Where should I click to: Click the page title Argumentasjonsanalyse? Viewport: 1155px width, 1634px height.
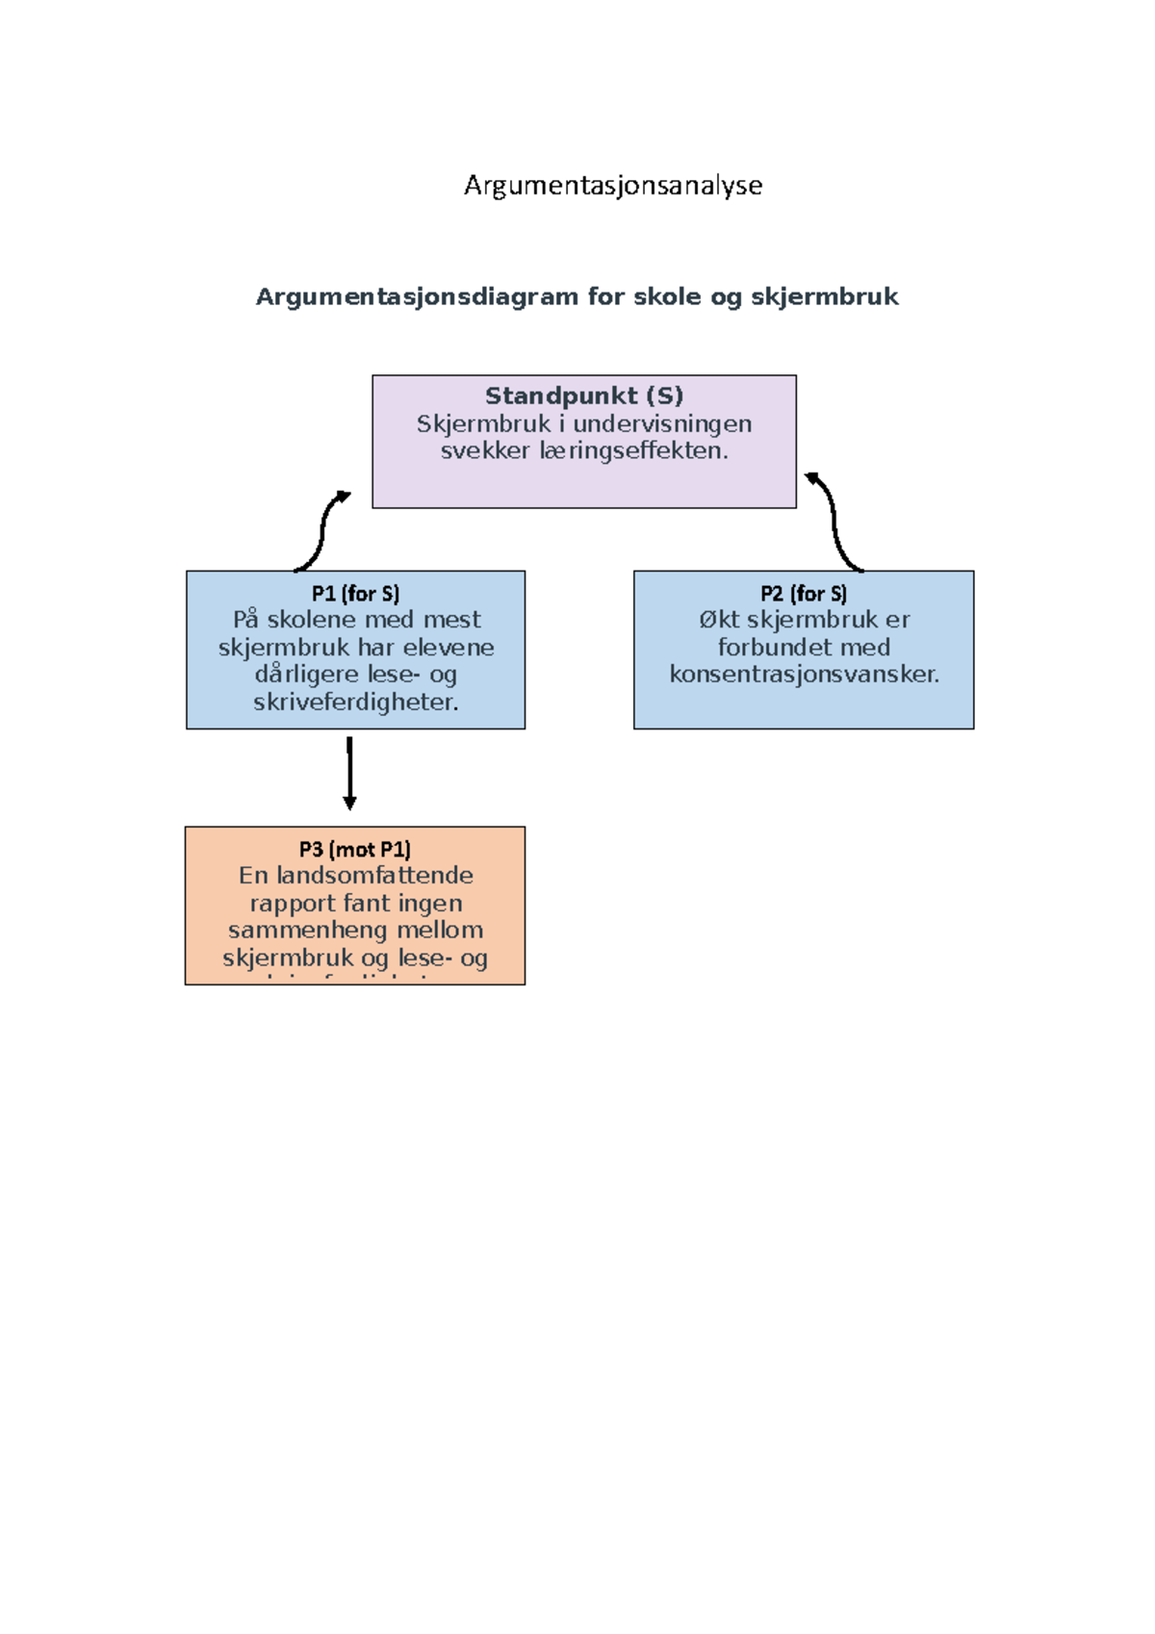[613, 185]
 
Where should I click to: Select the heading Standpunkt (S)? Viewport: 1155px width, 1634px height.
[584, 396]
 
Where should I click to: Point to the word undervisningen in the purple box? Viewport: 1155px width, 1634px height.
[662, 423]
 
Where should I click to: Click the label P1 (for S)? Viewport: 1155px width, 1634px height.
[355, 594]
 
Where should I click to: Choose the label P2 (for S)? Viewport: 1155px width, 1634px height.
[804, 594]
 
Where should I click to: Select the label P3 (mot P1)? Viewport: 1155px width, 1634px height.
[355, 849]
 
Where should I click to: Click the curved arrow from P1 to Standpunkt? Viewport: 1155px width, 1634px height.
[322, 530]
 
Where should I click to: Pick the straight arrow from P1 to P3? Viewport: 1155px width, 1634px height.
[349, 773]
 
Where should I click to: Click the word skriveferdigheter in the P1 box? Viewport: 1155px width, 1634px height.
[355, 702]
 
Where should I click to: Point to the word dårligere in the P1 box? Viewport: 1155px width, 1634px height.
[308, 674]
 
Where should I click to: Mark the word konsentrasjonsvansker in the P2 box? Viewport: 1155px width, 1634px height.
[804, 674]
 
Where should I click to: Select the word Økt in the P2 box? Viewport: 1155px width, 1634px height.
[719, 620]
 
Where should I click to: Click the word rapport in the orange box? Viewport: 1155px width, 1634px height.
[292, 903]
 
